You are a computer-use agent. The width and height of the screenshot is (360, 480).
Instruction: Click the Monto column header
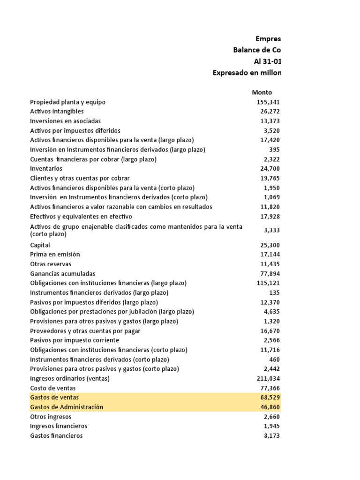(x=262, y=92)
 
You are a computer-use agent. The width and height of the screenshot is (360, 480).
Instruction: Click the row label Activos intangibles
(x=57, y=112)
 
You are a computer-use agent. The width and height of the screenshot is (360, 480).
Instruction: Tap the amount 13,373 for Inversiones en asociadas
(x=270, y=121)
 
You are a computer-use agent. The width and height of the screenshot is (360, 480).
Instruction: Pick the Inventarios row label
(x=46, y=169)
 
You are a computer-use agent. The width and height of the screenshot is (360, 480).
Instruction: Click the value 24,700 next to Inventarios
(x=270, y=169)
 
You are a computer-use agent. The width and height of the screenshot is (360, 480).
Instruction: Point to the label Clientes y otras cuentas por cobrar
(x=80, y=178)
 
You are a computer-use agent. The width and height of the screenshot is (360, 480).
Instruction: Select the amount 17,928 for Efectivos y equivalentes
(x=270, y=217)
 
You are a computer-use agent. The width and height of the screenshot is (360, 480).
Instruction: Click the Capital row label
(x=40, y=245)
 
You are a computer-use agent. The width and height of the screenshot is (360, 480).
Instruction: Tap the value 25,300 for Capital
(x=270, y=245)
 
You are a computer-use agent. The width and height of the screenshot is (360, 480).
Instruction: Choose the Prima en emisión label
(x=55, y=255)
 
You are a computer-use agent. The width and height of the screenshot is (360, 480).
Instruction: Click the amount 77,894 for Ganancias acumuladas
(x=270, y=274)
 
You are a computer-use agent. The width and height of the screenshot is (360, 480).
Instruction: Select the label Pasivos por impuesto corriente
(x=75, y=340)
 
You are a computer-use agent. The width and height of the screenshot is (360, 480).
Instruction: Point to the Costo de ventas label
(x=52, y=388)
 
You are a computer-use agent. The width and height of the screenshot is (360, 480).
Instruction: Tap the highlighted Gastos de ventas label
(x=54, y=397)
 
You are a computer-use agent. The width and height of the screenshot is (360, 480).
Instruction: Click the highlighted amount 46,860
(x=270, y=407)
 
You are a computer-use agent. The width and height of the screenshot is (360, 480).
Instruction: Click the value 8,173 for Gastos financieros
(x=272, y=436)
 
